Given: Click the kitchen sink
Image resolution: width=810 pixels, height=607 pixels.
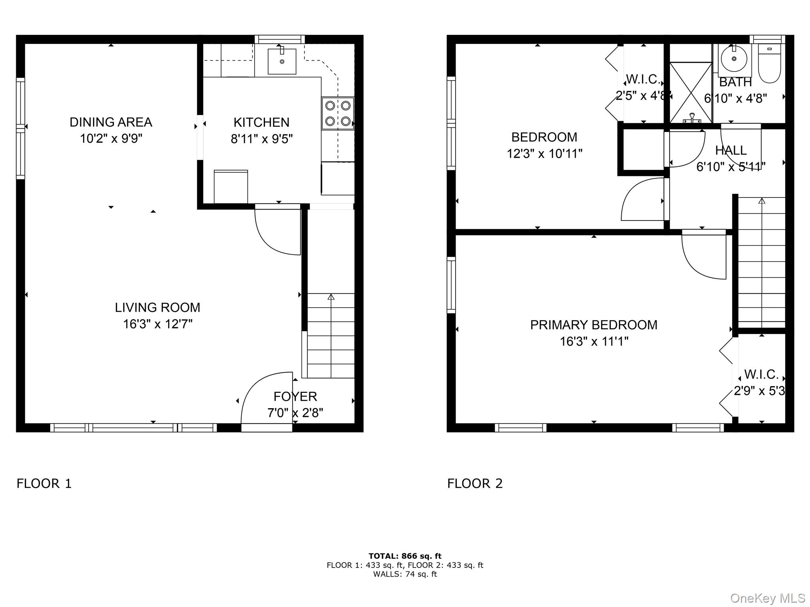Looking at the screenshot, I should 282,61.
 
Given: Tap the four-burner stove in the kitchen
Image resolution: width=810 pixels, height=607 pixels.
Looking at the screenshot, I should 337,113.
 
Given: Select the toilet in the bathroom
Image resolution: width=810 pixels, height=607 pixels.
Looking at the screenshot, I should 769,65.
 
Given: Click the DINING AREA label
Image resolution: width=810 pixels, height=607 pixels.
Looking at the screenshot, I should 111,122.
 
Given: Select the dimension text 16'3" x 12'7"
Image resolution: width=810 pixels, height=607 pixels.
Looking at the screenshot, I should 157,324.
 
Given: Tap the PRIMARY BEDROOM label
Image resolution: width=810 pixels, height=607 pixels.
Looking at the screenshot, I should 594,325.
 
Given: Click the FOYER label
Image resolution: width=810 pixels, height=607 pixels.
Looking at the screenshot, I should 295,396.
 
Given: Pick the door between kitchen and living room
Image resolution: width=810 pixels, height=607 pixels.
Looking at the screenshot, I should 277,229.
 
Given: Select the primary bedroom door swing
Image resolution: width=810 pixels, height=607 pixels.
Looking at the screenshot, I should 704,255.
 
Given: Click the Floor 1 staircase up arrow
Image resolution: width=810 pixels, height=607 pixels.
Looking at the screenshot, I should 331,297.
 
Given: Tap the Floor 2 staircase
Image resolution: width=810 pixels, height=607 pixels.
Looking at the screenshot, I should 761,263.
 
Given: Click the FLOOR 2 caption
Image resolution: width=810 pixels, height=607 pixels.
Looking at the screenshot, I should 475,483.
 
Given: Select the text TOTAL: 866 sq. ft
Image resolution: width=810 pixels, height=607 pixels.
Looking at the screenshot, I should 405,556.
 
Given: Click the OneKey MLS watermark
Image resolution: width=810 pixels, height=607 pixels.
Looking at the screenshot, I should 767,598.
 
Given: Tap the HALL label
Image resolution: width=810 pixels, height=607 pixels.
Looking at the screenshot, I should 731,150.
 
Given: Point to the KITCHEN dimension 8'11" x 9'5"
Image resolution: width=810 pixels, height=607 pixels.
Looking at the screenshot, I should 261,139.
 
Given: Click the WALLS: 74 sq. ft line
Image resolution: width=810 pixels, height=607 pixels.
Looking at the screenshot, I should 405,574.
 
